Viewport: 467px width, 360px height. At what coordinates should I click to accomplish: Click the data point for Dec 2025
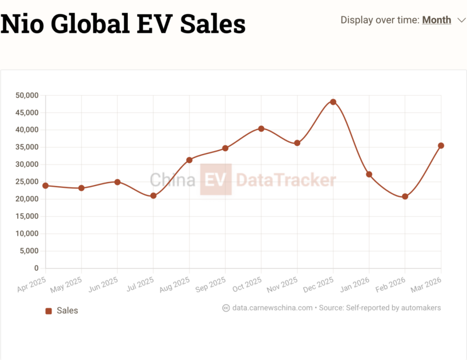tap(333, 102)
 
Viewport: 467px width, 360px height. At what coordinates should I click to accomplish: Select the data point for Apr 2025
tap(45, 186)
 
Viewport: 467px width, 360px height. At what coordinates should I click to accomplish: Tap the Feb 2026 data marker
tap(405, 197)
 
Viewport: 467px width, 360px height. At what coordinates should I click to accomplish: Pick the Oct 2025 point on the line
tap(261, 128)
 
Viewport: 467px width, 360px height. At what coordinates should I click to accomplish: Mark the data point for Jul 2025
tap(153, 196)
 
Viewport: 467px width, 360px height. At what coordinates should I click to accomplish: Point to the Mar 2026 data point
tap(441, 145)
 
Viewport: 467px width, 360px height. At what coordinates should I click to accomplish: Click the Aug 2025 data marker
tap(189, 160)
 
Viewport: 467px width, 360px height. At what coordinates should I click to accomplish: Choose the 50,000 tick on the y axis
tap(27, 95)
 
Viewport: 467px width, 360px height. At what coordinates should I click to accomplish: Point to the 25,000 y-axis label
tap(27, 182)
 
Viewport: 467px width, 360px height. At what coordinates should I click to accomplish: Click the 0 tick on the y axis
tap(36, 268)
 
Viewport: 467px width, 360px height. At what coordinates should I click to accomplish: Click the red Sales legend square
tap(49, 310)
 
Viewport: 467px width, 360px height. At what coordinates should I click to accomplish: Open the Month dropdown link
tap(437, 20)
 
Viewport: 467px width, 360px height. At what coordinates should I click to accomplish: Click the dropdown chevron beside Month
tap(462, 20)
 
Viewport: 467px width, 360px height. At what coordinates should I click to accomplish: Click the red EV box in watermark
tap(216, 180)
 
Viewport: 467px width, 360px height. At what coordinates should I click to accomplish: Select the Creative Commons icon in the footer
tap(226, 308)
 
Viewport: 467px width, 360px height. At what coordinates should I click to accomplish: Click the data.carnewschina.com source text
tap(272, 307)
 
